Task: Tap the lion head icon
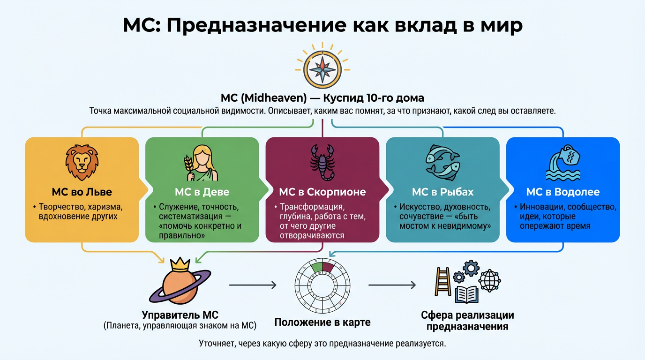[82, 163]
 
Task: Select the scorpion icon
[322, 162]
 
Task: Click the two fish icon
[442, 162]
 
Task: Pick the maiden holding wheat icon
[202, 163]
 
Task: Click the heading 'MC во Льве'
[82, 192]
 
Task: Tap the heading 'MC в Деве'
[202, 192]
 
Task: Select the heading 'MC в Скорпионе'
[322, 192]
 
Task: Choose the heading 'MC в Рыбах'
[442, 192]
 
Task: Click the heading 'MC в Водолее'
[563, 192]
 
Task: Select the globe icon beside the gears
[489, 280]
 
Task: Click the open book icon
[466, 294]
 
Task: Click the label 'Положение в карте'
[322, 322]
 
